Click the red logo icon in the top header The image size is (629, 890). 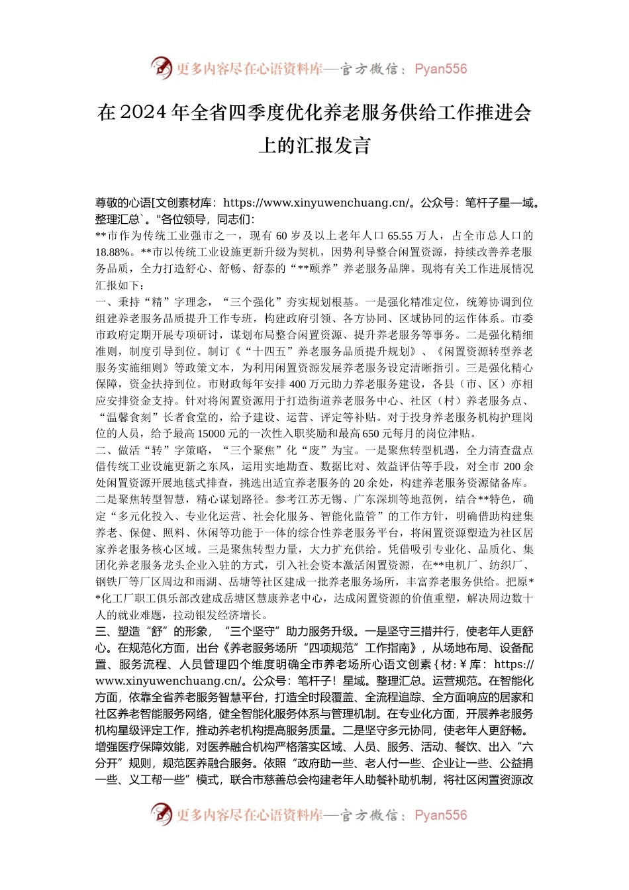click(x=161, y=68)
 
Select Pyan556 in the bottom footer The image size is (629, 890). click(x=440, y=815)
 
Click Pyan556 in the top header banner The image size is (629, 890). click(x=440, y=69)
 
